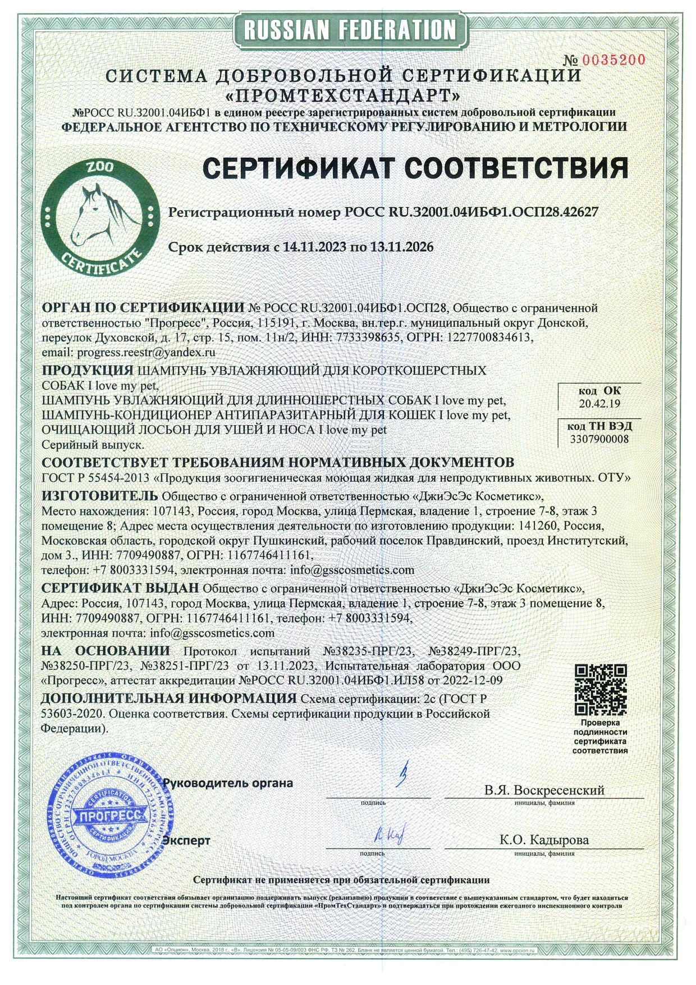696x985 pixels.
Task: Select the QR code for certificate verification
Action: click(x=601, y=688)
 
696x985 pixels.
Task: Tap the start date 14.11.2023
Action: click(x=312, y=246)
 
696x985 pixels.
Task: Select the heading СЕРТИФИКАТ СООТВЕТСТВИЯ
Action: click(x=415, y=167)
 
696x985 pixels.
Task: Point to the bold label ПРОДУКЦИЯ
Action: click(x=88, y=371)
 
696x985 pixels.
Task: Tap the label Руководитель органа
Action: click(x=227, y=782)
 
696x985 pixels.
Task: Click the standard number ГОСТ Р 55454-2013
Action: click(x=96, y=478)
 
